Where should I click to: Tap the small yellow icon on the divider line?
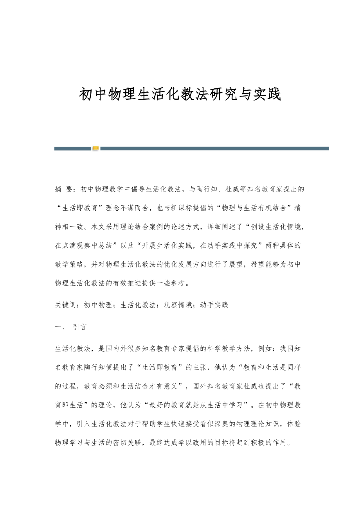pos(95,148)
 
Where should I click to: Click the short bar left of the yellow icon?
pos(73,149)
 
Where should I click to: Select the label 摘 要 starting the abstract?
pos(64,189)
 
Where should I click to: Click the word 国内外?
pos(110,349)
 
